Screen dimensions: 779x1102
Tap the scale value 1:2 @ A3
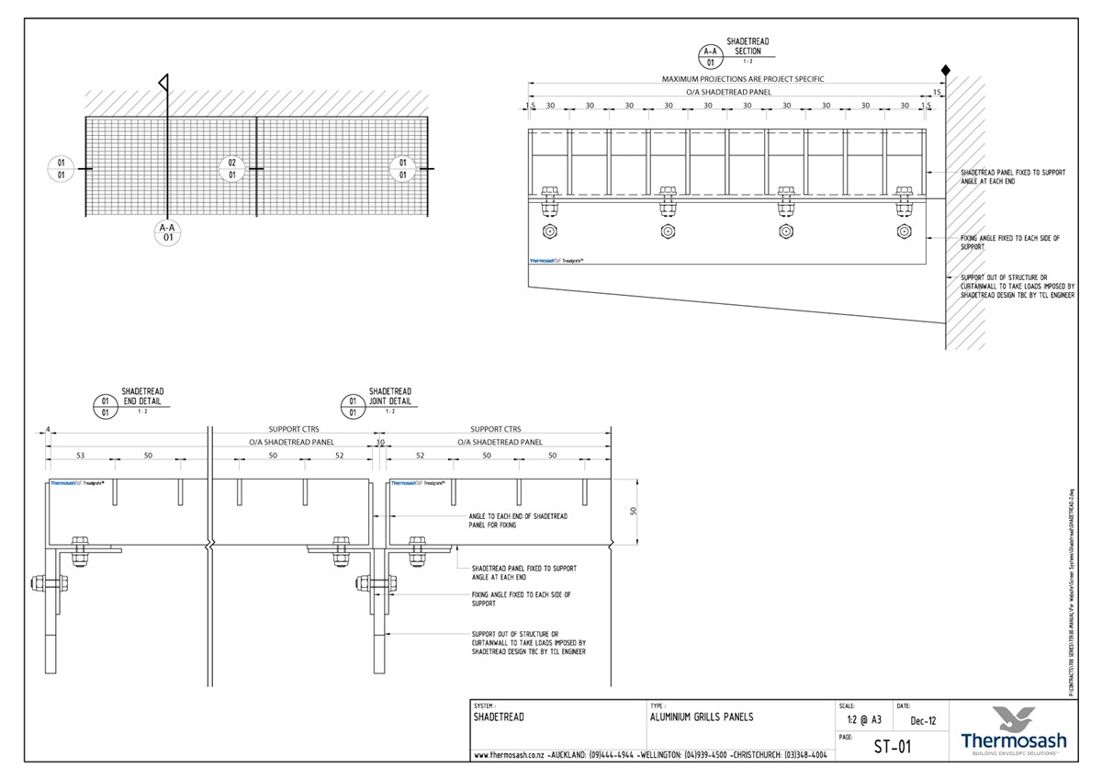click(x=860, y=721)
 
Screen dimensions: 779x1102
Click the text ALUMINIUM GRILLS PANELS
click(x=702, y=717)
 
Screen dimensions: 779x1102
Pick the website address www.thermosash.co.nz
click(x=512, y=755)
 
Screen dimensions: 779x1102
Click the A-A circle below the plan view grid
click(x=167, y=231)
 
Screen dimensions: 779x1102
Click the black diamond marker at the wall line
click(x=945, y=70)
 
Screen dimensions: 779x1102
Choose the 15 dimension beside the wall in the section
click(x=937, y=92)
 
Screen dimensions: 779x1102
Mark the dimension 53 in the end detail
click(x=80, y=456)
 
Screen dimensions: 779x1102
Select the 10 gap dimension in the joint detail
click(x=380, y=442)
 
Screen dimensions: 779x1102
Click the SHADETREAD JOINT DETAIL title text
click(x=390, y=397)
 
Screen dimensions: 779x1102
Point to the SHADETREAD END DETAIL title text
click(x=142, y=397)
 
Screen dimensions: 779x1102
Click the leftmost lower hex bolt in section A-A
click(x=549, y=231)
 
